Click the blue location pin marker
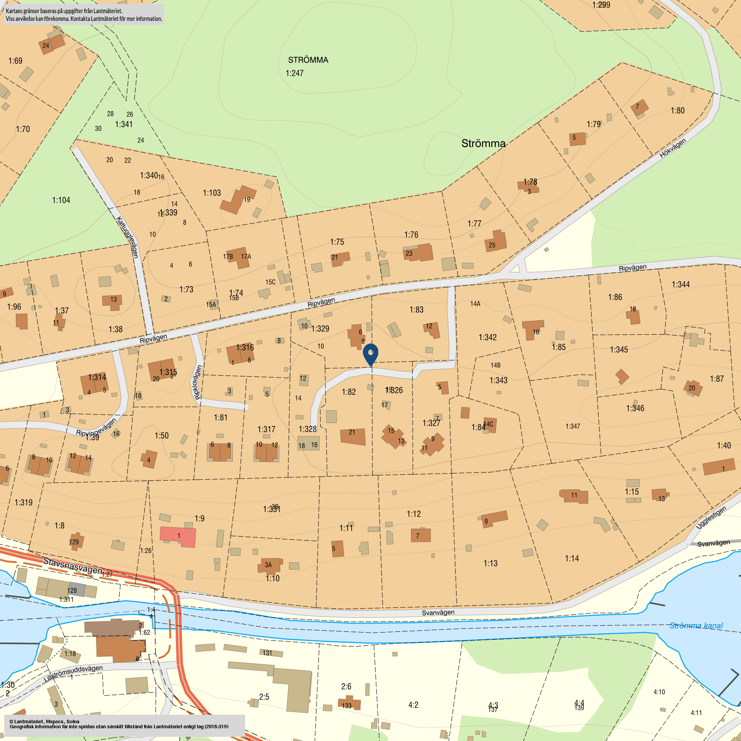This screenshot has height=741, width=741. pyautogui.click(x=370, y=353)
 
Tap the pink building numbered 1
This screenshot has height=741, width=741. pyautogui.click(x=178, y=536)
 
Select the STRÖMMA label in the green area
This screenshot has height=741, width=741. pyautogui.click(x=308, y=60)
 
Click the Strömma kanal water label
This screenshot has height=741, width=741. pyautogui.click(x=696, y=626)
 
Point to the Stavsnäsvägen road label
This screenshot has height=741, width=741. pyautogui.click(x=73, y=565)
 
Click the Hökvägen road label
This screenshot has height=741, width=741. pyautogui.click(x=672, y=148)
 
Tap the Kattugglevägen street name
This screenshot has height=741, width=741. pyautogui.click(x=127, y=237)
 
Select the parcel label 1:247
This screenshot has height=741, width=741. pyautogui.click(x=294, y=73)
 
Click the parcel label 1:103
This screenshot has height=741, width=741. pyautogui.click(x=212, y=193)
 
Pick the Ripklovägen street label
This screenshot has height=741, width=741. pyautogui.click(x=198, y=382)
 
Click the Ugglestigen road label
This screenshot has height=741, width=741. pyautogui.click(x=711, y=518)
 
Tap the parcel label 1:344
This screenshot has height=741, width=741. pyautogui.click(x=680, y=285)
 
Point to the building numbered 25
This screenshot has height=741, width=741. pyautogui.click(x=496, y=241)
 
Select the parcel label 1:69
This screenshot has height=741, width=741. pyautogui.click(x=15, y=61)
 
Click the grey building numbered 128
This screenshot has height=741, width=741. pyautogui.click(x=76, y=590)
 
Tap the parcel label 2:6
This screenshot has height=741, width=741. pyautogui.click(x=346, y=686)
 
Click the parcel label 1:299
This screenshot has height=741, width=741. pyautogui.click(x=601, y=5)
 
